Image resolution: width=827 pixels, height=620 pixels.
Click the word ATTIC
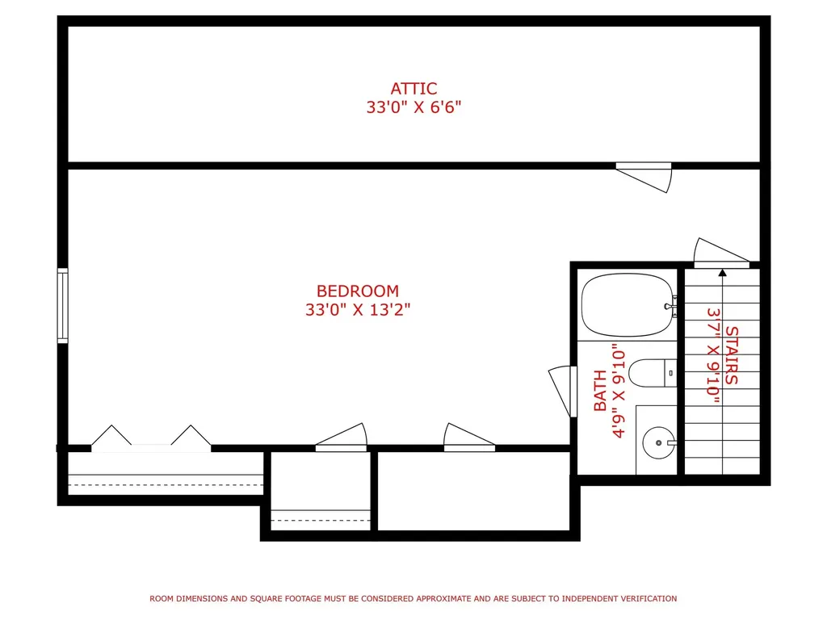point(413,89)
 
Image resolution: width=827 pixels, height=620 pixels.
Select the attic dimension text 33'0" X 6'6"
point(413,107)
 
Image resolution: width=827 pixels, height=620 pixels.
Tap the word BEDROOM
point(358,291)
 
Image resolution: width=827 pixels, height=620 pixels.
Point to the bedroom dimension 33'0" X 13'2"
point(358,309)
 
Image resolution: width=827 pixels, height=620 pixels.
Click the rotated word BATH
point(600,391)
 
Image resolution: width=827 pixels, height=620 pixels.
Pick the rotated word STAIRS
point(732,355)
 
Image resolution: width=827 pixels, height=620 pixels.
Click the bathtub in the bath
point(628,304)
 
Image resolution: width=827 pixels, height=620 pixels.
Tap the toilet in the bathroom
point(653,373)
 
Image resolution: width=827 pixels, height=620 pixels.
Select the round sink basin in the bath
point(658,443)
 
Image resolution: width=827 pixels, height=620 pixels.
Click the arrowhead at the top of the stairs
point(723,273)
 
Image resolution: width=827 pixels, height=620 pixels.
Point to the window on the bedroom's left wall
point(63,306)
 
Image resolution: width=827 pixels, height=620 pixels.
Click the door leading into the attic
point(644,176)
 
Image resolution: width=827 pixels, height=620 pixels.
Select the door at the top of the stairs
point(721,253)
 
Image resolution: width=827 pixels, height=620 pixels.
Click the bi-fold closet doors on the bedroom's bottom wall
point(151,438)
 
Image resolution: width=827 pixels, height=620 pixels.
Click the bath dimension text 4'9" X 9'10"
point(619,391)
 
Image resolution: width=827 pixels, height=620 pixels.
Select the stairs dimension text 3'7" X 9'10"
point(713,355)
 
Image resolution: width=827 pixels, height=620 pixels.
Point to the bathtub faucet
point(671,306)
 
